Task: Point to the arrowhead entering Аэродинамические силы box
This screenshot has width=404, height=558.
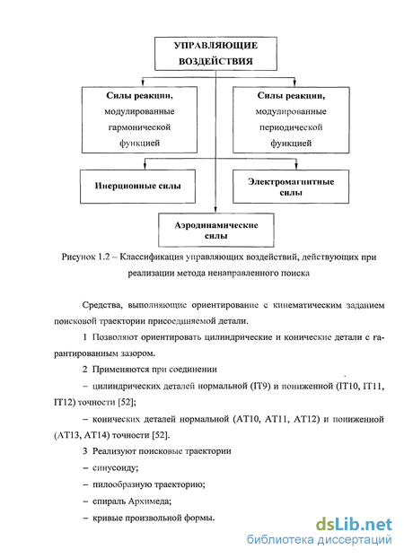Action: click(215, 210)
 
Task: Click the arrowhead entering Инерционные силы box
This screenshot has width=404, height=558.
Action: click(145, 166)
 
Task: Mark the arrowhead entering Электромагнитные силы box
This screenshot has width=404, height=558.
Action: click(296, 166)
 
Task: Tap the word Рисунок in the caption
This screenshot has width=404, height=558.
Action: click(77, 257)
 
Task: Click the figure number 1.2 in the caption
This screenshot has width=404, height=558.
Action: click(102, 257)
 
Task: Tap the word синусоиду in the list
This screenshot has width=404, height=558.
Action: click(116, 467)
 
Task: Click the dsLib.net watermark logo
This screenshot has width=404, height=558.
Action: click(354, 525)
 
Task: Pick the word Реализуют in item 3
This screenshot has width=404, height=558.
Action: click(114, 451)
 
